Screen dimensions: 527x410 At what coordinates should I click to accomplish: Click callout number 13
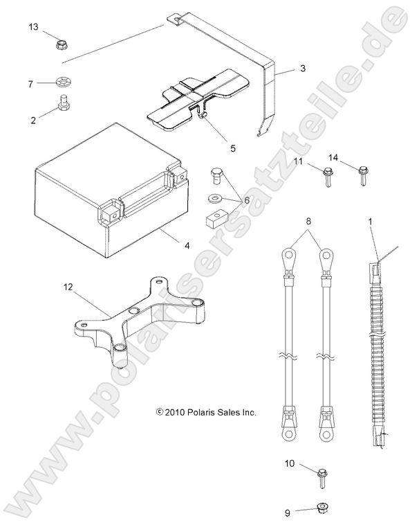tap(33, 26)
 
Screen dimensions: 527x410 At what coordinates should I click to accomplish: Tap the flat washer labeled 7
tap(63, 83)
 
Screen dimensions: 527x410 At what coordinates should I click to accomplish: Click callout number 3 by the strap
tap(303, 69)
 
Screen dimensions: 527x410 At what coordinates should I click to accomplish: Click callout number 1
tap(371, 221)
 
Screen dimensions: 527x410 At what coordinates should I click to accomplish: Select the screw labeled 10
tap(322, 476)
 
